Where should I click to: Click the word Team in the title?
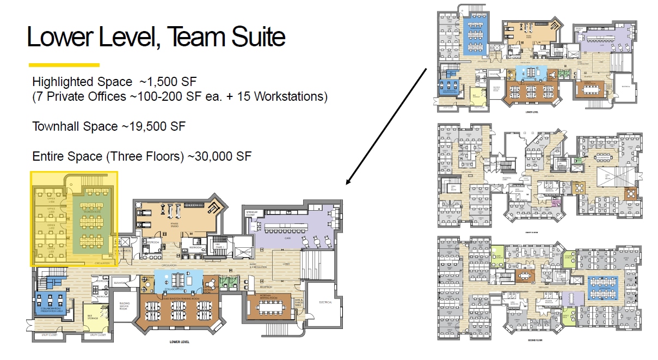[x=193, y=37]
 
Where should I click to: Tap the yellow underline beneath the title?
[x=64, y=65]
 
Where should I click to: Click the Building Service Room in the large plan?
[x=124, y=308]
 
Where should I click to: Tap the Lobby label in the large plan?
[x=287, y=264]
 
